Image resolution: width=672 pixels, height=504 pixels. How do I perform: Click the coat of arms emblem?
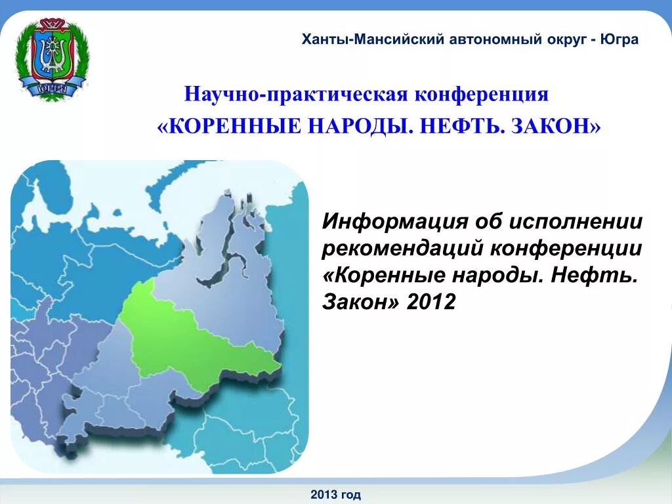(51, 59)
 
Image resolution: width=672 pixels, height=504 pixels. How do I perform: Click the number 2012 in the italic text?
(431, 303)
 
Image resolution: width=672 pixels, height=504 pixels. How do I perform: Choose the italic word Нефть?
(594, 276)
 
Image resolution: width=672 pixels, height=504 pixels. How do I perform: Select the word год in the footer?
(351, 495)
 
